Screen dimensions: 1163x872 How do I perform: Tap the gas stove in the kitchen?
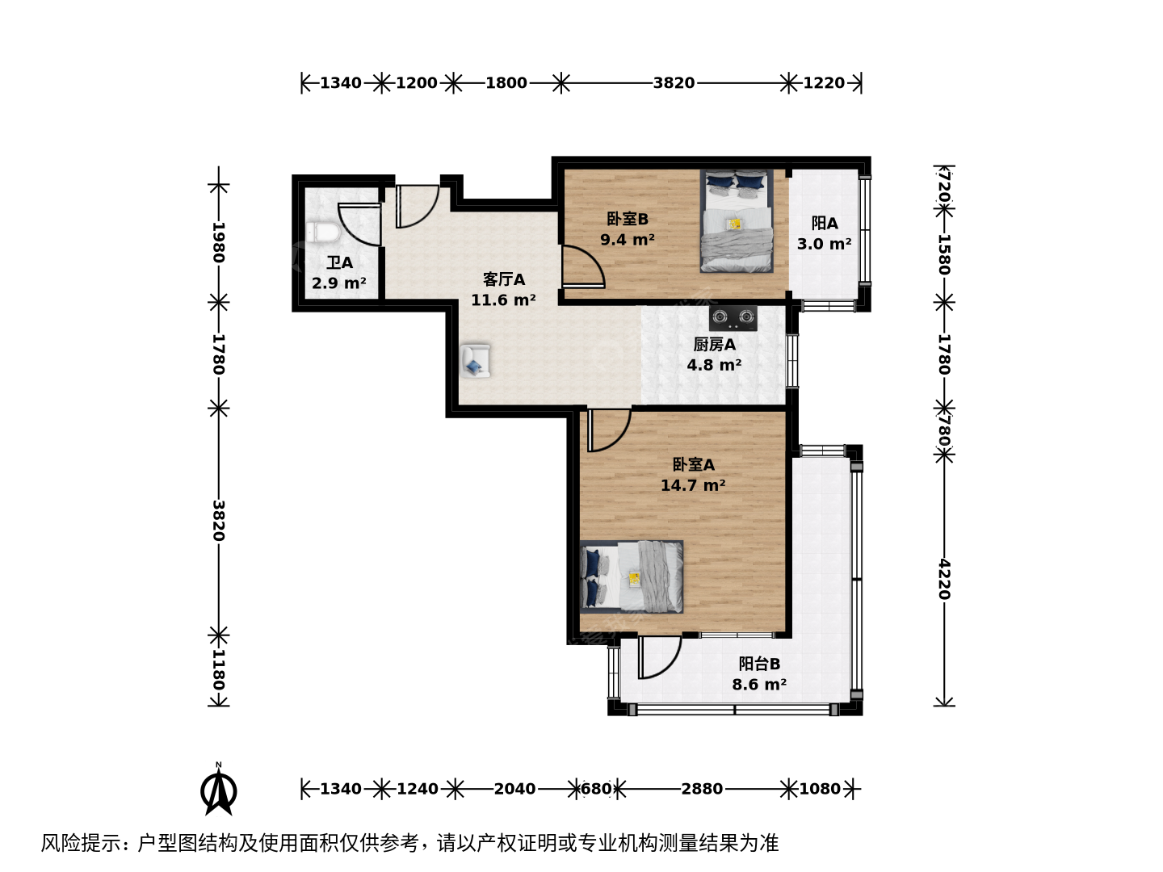point(733,318)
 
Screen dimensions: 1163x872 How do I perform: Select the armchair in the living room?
point(475,361)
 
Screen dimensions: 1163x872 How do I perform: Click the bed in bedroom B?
point(737,221)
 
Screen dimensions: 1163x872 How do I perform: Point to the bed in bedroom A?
point(632,576)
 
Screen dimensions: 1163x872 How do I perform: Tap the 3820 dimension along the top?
point(674,83)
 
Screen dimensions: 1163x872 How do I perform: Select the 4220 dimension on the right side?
point(944,579)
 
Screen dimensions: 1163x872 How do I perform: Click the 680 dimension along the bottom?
point(597,789)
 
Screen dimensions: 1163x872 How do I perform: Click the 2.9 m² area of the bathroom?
point(339,283)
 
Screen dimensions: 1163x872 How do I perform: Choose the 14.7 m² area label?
point(693,485)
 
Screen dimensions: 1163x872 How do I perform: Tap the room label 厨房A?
point(714,345)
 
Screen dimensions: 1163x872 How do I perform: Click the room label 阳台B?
point(759,664)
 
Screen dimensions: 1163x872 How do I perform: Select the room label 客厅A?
point(503,279)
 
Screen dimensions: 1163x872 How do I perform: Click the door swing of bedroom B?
point(583,267)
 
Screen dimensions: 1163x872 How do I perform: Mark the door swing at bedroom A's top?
point(609,430)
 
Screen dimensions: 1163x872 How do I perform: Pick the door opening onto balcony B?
point(659,657)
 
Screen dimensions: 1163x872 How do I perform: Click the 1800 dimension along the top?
point(506,83)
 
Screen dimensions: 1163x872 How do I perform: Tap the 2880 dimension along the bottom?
point(702,789)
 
